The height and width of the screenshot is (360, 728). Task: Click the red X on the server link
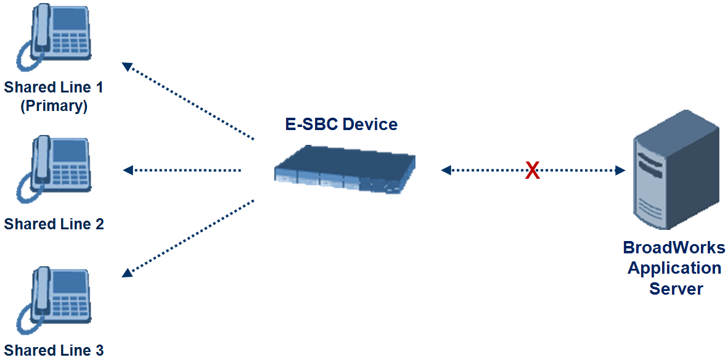point(533,171)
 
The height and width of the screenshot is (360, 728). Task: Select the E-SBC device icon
point(345,170)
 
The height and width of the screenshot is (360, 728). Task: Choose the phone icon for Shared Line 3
point(53,298)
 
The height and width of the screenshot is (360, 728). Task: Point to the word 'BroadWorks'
point(674,248)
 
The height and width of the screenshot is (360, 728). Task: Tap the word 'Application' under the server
point(674,269)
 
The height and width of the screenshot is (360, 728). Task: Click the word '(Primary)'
point(54,106)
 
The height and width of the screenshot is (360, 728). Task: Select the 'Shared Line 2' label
point(54,224)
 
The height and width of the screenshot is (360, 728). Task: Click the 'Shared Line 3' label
point(54,351)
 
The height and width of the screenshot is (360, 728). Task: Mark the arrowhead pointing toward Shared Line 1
point(127,66)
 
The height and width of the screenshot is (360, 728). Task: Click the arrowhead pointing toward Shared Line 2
point(128,170)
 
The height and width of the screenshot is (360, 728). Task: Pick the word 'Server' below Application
point(676,288)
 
